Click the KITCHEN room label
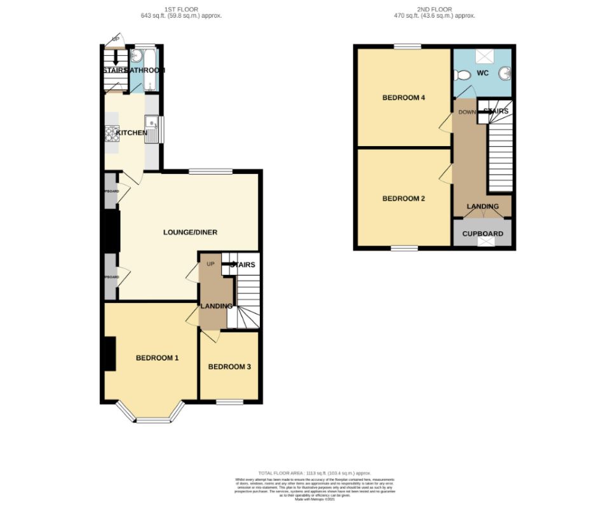[x=132, y=133]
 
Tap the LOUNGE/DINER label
[x=190, y=232]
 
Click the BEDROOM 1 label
[x=157, y=358]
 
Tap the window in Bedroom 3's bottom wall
[x=229, y=402]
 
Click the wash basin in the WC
[x=505, y=73]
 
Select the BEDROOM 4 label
[x=403, y=98]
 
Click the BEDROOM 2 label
[x=403, y=199]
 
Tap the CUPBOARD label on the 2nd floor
[x=482, y=234]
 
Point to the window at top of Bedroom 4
[x=407, y=46]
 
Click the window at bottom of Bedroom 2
[x=404, y=248]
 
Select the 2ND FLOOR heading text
[x=435, y=9]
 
